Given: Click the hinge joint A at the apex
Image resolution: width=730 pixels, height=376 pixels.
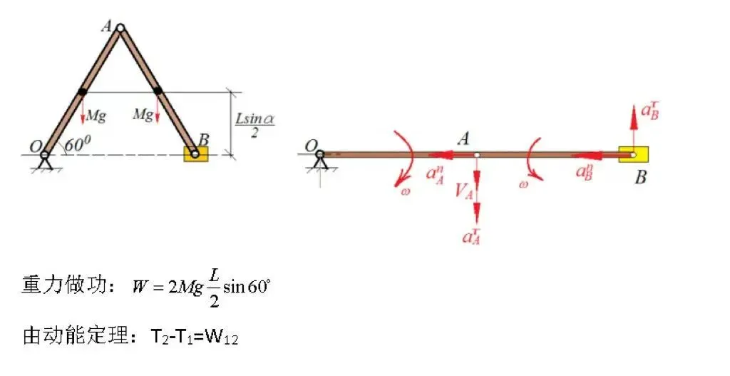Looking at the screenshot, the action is tap(120, 29).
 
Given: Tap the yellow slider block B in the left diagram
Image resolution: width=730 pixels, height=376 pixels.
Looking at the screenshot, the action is tap(196, 154).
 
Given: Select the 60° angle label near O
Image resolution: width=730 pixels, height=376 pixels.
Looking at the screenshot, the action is tap(77, 145).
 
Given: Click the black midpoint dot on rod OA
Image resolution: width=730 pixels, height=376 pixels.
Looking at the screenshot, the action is tap(83, 92).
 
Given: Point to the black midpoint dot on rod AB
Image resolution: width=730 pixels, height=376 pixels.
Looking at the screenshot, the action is tap(158, 91).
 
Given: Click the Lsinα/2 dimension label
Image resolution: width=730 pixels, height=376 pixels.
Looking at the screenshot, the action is tap(255, 125).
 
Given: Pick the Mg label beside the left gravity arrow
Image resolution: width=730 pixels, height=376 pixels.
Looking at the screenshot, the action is tap(96, 116).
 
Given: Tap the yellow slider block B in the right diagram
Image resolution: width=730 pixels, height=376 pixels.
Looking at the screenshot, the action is tap(633, 154).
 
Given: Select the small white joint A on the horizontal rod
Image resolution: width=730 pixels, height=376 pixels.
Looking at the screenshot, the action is tap(476, 155).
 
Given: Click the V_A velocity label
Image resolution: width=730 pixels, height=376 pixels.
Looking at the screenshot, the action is tap(463, 190).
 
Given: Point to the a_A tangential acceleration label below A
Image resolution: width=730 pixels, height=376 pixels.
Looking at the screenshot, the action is tap(472, 236).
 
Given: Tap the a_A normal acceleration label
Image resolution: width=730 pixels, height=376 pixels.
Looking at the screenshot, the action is tap(435, 175).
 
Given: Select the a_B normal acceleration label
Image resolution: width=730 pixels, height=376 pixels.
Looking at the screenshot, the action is tap(585, 172).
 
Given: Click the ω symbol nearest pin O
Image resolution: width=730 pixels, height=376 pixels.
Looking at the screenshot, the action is tap(405, 191).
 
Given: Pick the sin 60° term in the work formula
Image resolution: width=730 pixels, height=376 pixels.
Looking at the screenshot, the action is tap(246, 286).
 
